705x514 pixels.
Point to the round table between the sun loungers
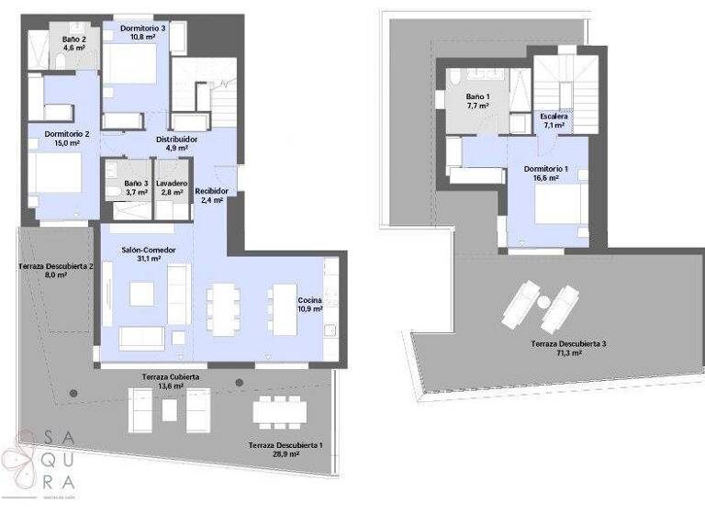[x=543, y=302]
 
